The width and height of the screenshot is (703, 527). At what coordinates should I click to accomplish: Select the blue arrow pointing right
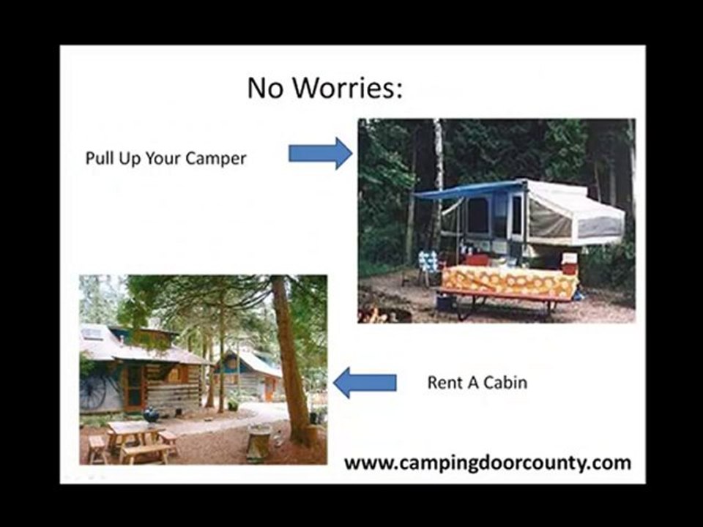coord(320,153)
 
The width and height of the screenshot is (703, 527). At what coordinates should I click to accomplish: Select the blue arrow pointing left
coord(365,382)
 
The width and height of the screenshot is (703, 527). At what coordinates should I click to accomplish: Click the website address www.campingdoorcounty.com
coord(487,463)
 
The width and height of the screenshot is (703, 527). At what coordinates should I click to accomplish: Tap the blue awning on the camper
coord(469,190)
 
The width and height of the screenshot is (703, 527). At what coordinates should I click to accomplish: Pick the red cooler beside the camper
coord(569,263)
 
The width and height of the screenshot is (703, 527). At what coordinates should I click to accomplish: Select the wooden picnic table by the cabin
coord(135,439)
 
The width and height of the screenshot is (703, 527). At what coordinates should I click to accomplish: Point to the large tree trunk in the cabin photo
coord(290,359)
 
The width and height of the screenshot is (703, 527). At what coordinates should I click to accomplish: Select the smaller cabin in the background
coord(250,373)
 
